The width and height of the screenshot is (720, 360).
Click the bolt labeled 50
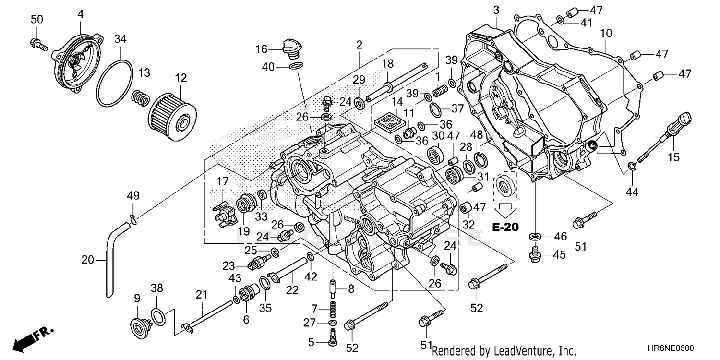click(x=38, y=44)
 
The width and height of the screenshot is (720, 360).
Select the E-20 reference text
click(x=505, y=227)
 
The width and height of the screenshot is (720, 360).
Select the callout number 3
click(x=496, y=9)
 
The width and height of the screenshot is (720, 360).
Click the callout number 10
click(x=605, y=33)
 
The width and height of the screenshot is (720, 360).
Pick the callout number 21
click(x=202, y=294)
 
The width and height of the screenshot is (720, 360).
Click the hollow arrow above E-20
click(x=505, y=208)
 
